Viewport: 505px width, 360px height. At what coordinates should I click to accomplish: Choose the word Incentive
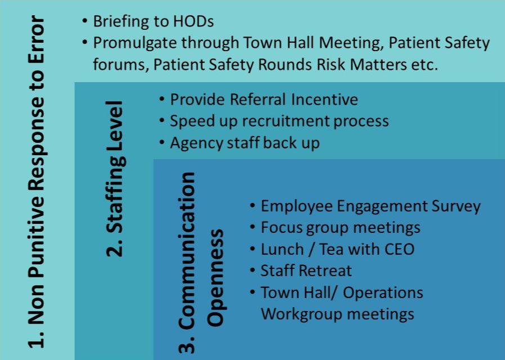pyautogui.click(x=324, y=100)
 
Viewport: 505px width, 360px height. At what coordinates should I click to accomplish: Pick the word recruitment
pyautogui.click(x=285, y=121)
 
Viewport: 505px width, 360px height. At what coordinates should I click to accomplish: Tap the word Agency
pyautogui.click(x=196, y=143)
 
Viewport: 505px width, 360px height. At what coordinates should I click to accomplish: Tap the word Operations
pyautogui.click(x=383, y=292)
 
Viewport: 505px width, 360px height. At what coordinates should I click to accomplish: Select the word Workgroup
pyautogui.click(x=302, y=314)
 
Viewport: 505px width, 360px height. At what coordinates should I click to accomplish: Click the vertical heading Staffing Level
pyautogui.click(x=115, y=178)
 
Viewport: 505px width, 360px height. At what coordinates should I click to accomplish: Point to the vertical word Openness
pyautogui.click(x=216, y=277)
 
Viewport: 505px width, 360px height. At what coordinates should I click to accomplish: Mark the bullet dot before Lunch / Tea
pyautogui.click(x=253, y=249)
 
